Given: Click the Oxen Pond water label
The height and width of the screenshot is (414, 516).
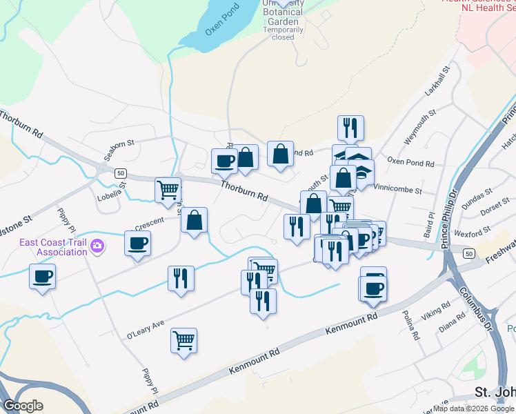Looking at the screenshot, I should (x=221, y=23).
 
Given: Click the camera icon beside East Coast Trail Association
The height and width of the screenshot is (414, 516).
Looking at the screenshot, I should (x=97, y=245).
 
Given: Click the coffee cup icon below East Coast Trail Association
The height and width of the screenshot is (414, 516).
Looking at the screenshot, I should (x=42, y=277).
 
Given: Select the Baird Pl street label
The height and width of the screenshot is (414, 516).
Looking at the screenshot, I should (x=432, y=225).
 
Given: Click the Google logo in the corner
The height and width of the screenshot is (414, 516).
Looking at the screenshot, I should (x=23, y=405).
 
